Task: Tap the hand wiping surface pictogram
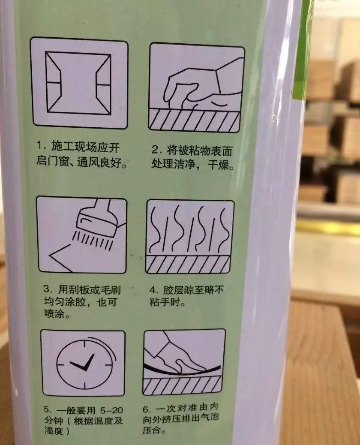coord(196,88)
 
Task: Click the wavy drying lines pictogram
coord(190,237)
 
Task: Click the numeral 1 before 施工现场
coord(40,147)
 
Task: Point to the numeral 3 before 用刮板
coord(47,289)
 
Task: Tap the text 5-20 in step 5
coord(111,410)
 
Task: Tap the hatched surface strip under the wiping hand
coord(194,120)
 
